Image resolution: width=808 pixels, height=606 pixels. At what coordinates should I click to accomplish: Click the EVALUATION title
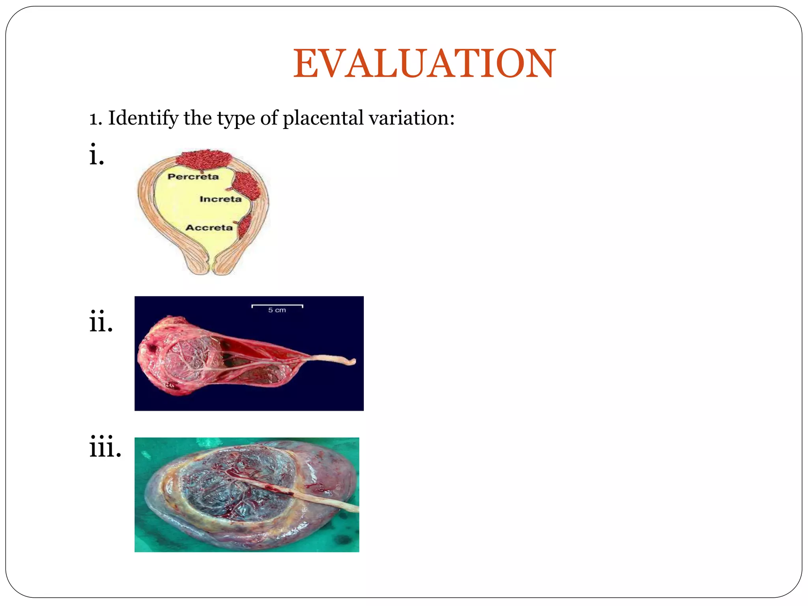tap(424, 64)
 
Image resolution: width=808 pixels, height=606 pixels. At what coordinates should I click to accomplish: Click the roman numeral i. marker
tap(97, 155)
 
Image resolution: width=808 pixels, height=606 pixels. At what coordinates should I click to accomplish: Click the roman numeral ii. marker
tap(101, 322)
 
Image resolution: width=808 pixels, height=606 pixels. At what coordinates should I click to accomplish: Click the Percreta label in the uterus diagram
tap(193, 176)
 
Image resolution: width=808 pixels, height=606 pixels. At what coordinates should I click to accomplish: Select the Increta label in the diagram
tap(220, 199)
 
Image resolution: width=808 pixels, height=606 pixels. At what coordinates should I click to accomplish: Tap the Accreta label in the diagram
tap(209, 228)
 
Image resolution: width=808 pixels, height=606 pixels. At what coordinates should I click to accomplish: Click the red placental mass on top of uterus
tap(203, 159)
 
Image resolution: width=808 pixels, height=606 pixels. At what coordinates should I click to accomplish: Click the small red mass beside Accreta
tap(245, 226)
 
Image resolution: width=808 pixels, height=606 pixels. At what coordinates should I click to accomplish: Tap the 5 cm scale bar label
tap(277, 310)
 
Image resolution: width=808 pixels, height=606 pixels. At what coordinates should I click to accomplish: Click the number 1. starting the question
tap(95, 118)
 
